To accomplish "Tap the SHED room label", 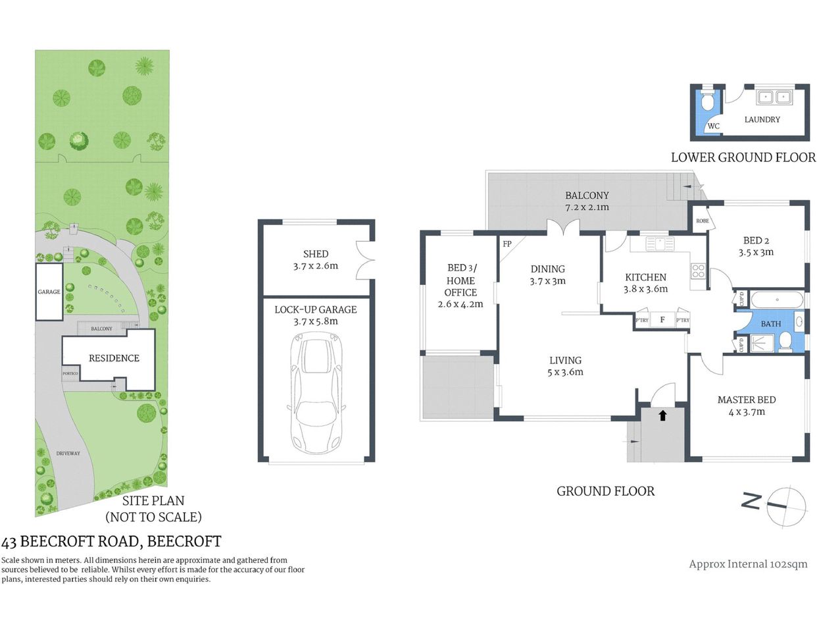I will click(x=316, y=254).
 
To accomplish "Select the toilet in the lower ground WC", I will click(x=707, y=103).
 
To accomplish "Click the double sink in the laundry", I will click(x=773, y=97).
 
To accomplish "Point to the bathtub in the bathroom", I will click(x=776, y=301).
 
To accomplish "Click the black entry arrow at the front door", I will click(x=662, y=415).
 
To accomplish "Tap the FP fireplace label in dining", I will click(x=507, y=244).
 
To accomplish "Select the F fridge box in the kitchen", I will click(x=662, y=320).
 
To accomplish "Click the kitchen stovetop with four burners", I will click(x=697, y=270).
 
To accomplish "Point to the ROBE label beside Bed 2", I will click(x=703, y=221).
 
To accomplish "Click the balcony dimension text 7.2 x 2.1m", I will click(x=587, y=207).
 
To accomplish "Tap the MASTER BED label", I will click(x=747, y=400).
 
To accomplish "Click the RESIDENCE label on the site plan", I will click(x=114, y=358).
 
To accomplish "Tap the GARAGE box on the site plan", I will click(x=49, y=292).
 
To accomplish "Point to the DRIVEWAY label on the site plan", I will click(x=68, y=454).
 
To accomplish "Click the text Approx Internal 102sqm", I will click(x=748, y=564).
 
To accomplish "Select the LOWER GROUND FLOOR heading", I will click(x=743, y=157).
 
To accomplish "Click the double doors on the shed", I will click(x=364, y=260).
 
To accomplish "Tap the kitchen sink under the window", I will click(x=660, y=244).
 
